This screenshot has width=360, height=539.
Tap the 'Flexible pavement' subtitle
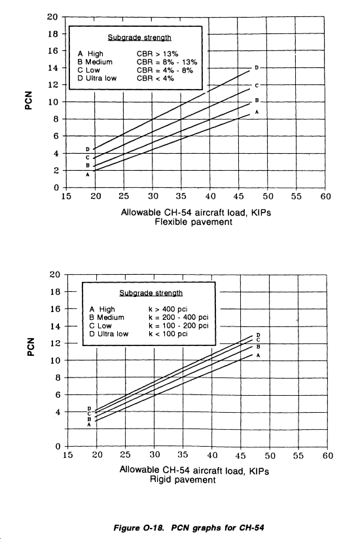pyautogui.click(x=194, y=222)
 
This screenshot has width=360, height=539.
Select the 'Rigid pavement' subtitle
pyautogui.click(x=183, y=479)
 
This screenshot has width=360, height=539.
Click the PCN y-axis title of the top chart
pyautogui.click(x=29, y=100)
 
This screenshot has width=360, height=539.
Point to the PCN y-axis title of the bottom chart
pyautogui.click(x=31, y=347)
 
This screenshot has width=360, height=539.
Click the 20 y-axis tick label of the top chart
pyautogui.click(x=52, y=16)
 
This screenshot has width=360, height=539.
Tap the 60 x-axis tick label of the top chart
pyautogui.click(x=325, y=196)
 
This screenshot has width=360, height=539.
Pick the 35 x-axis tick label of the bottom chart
pyautogui.click(x=182, y=455)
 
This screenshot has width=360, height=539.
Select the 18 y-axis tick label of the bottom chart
pyautogui.click(x=55, y=292)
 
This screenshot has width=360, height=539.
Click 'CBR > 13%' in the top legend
pyautogui.click(x=158, y=54)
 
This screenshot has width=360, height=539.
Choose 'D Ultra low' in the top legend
pyautogui.click(x=97, y=78)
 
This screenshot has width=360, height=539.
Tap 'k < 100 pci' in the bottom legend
pyautogui.click(x=168, y=334)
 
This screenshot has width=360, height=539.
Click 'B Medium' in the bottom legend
pyautogui.click(x=107, y=317)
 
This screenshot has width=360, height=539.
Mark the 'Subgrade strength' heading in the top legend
pyautogui.click(x=139, y=38)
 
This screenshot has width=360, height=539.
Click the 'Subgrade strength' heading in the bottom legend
pyautogui.click(x=151, y=293)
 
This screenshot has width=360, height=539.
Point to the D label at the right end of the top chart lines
pyautogui.click(x=257, y=68)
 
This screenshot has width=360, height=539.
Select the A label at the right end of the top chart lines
pyautogui.click(x=257, y=112)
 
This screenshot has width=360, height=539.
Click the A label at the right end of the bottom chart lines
pyautogui.click(x=259, y=355)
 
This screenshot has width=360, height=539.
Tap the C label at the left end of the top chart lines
pyautogui.click(x=88, y=158)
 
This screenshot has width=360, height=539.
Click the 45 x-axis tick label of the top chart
pyautogui.click(x=238, y=196)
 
